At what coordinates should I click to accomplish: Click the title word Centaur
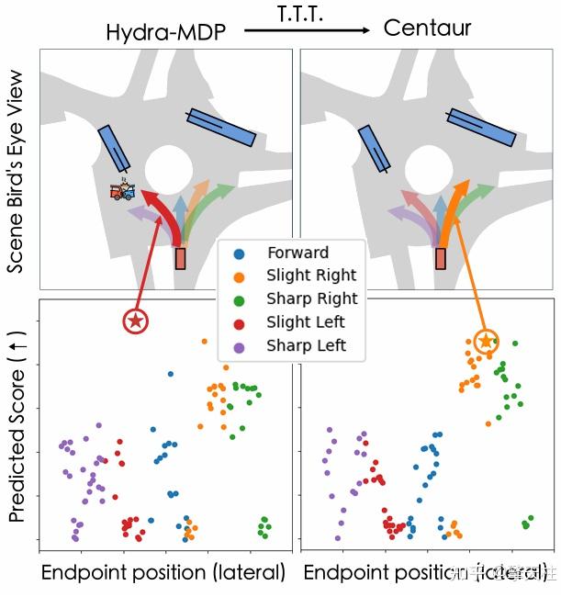tap(427, 28)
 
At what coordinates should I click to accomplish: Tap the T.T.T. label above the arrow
tap(306, 12)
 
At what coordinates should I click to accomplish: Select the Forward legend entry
tap(297, 253)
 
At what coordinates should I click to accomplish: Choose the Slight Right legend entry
tap(311, 276)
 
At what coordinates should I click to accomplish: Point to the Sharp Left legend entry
tap(307, 345)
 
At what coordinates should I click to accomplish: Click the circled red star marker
tap(136, 321)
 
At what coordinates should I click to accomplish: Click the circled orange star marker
tap(487, 342)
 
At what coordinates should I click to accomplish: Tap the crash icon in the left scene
tap(123, 192)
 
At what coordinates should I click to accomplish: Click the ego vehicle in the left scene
tap(181, 258)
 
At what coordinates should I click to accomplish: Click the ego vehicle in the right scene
tap(441, 258)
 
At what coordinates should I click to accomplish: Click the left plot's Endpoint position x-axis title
tap(163, 573)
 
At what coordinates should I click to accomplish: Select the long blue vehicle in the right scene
tap(480, 127)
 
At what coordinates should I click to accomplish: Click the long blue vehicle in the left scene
tap(221, 127)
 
